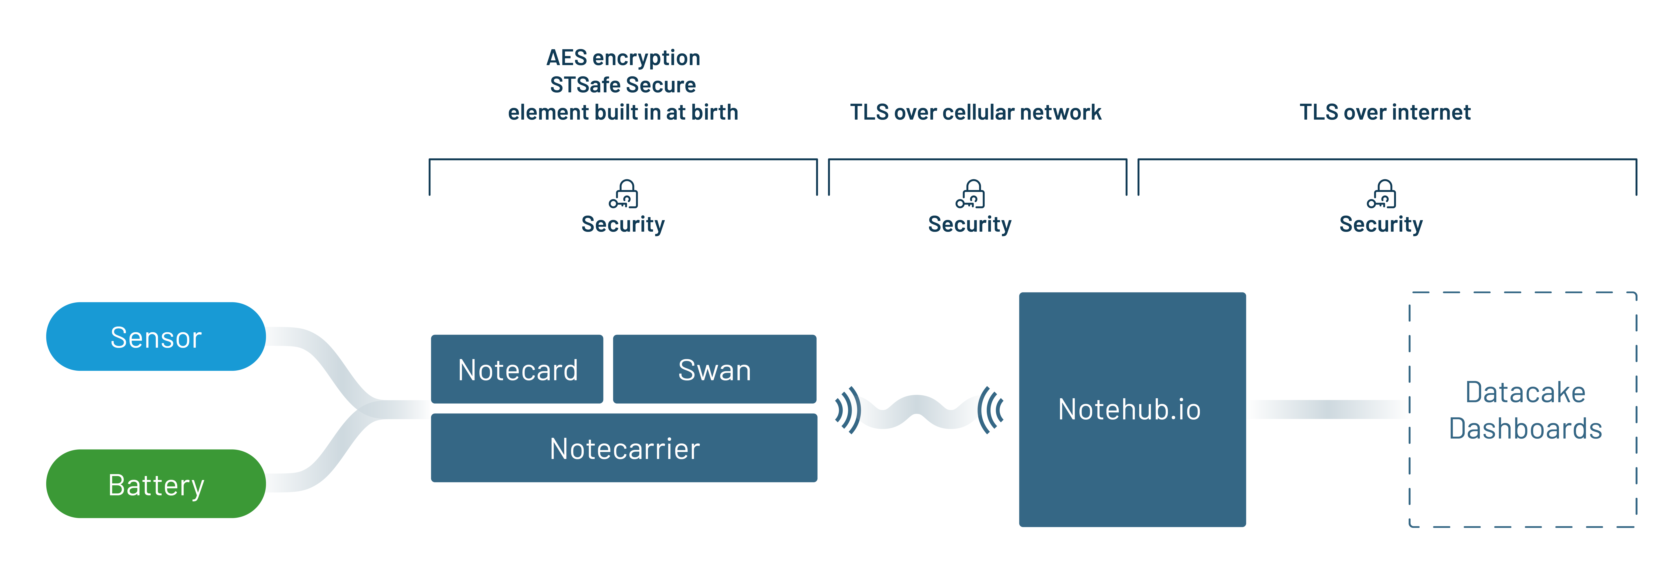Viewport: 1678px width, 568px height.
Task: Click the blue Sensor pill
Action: pyautogui.click(x=156, y=337)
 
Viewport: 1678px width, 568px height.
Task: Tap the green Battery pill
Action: pyautogui.click(x=156, y=484)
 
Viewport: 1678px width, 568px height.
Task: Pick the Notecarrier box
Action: pyautogui.click(x=624, y=448)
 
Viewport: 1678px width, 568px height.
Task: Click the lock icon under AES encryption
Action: pyautogui.click(x=624, y=194)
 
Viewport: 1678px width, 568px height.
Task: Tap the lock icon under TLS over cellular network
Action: pyautogui.click(x=971, y=194)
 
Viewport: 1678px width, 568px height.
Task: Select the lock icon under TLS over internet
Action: pyautogui.click(x=1382, y=194)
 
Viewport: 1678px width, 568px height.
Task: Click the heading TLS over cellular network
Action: pyautogui.click(x=975, y=112)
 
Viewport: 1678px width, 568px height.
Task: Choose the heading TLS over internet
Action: pyautogui.click(x=1385, y=112)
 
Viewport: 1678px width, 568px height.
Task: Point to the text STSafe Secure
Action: pyautogui.click(x=623, y=85)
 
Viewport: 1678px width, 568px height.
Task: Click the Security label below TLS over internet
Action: pyautogui.click(x=1381, y=224)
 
